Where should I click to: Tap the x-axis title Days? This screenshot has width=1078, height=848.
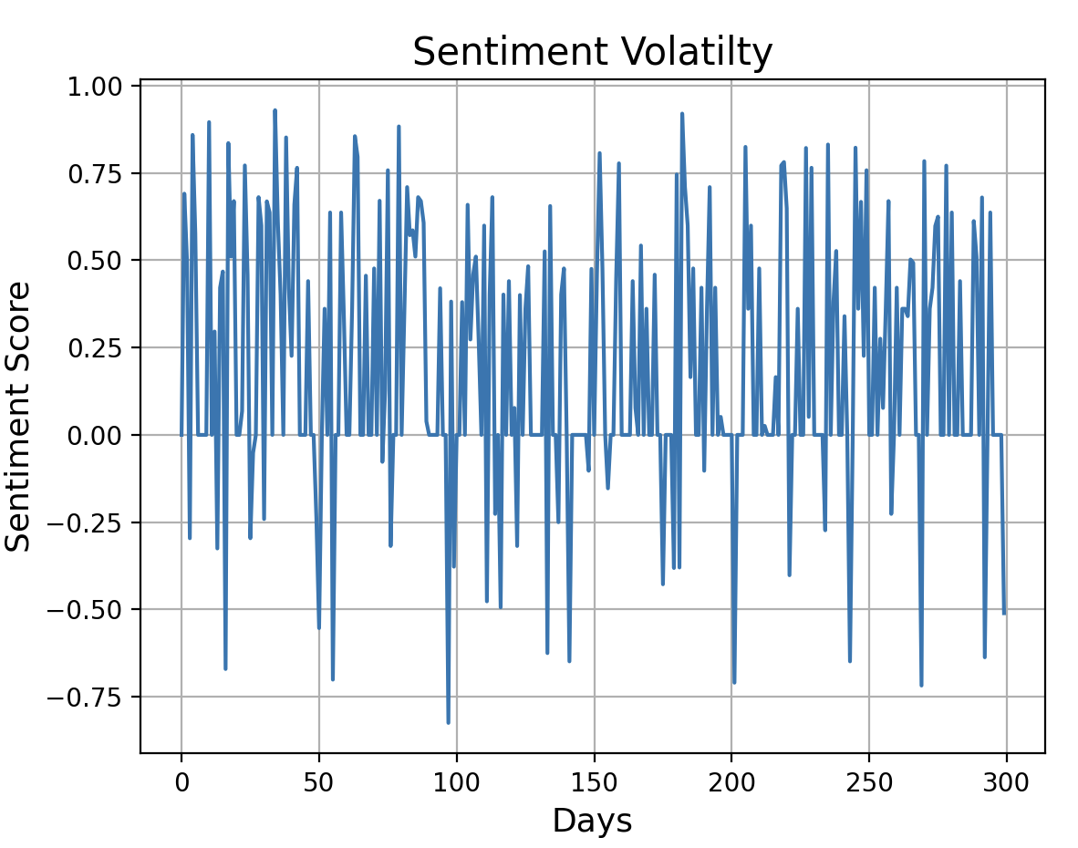(592, 822)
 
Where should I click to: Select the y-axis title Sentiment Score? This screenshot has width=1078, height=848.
(19, 417)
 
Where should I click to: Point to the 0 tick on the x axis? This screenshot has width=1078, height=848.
(181, 781)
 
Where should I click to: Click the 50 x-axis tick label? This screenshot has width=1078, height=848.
(319, 781)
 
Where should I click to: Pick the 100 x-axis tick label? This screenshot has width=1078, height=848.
(457, 781)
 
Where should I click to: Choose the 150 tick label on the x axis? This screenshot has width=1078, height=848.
(595, 781)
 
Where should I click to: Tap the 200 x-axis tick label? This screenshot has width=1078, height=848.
(731, 781)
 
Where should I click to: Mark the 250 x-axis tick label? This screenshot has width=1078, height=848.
(869, 781)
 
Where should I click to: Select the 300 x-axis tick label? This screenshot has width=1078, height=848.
(1006, 781)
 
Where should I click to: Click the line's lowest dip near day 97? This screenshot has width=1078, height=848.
(448, 722)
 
